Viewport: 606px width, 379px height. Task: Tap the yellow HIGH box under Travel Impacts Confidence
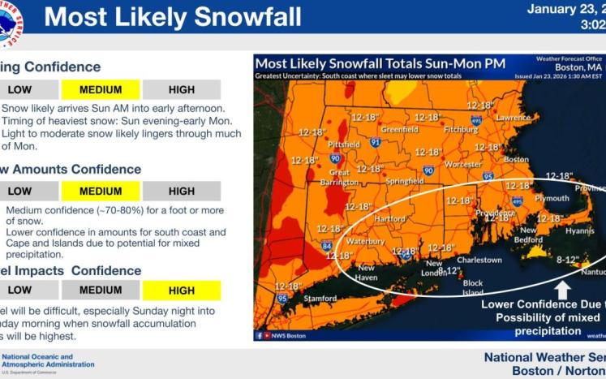tap(181, 290)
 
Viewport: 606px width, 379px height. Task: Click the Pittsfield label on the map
tap(343, 144)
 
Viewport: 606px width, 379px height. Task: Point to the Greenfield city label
tap(399, 129)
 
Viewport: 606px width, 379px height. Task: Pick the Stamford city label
tap(320, 299)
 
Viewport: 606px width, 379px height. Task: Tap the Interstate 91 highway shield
tap(375, 142)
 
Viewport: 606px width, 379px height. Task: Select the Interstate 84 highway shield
tap(326, 245)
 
